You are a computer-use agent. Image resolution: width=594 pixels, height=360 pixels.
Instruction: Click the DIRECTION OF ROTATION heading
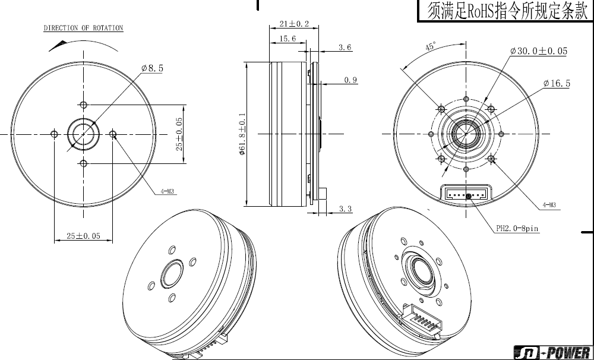(x=83, y=28)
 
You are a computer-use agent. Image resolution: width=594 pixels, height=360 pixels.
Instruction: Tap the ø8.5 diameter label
(x=152, y=68)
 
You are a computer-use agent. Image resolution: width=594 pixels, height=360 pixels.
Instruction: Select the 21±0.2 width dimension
(x=295, y=24)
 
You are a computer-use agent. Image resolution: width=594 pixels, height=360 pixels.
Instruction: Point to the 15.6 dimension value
(x=287, y=39)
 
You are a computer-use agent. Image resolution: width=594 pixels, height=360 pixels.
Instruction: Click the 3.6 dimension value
(x=345, y=48)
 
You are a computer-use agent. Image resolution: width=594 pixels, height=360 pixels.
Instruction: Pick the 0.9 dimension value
(x=351, y=80)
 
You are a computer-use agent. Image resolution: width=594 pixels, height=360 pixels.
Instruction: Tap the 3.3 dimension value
(x=345, y=209)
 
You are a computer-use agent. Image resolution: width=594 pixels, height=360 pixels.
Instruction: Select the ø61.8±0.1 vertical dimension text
(x=242, y=134)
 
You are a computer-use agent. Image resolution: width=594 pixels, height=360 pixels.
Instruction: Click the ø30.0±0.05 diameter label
(x=539, y=50)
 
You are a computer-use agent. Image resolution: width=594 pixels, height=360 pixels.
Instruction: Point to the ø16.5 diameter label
(x=557, y=83)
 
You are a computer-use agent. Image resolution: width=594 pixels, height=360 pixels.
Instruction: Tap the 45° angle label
(x=430, y=46)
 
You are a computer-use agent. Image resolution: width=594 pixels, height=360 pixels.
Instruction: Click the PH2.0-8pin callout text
(x=517, y=229)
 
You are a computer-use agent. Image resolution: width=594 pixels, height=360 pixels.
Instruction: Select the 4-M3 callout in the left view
(x=167, y=192)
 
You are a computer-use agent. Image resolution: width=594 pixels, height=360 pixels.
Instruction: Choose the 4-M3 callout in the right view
(x=549, y=205)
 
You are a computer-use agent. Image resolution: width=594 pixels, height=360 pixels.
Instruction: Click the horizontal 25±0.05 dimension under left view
(x=83, y=236)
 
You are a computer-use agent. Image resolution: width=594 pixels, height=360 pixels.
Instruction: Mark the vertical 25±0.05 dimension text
(x=179, y=134)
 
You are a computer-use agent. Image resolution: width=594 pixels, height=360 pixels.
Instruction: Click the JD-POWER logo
(x=554, y=352)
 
